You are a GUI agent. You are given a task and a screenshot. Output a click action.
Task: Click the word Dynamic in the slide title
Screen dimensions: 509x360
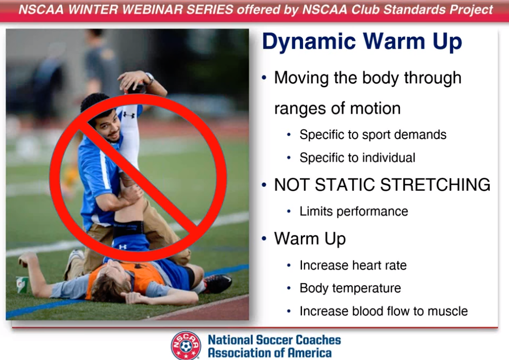tap(309, 42)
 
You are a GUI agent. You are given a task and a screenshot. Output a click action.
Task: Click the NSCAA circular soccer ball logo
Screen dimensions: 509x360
tap(185, 345)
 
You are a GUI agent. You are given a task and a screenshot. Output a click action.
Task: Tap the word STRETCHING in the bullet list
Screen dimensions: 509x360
tap(435, 185)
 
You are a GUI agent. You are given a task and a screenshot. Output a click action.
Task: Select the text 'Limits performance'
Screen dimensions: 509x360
tap(354, 211)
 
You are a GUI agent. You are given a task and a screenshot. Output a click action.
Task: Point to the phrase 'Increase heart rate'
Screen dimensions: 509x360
tap(353, 265)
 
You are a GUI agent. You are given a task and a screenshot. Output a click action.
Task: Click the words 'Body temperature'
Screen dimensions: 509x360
tap(350, 288)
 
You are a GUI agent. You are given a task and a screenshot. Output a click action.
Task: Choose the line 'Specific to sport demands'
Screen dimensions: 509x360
tap(373, 135)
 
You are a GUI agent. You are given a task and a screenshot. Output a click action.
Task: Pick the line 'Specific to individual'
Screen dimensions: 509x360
tap(357, 157)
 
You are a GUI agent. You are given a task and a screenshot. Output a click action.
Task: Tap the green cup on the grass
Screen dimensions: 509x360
tap(22, 285)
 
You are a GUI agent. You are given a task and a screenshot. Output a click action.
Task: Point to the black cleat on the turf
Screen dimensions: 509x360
tap(217, 283)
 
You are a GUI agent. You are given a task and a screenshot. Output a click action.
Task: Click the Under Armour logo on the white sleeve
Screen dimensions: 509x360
tap(129, 114)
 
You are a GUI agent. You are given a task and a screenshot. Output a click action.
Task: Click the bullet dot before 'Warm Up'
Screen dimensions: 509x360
tap(264, 239)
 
